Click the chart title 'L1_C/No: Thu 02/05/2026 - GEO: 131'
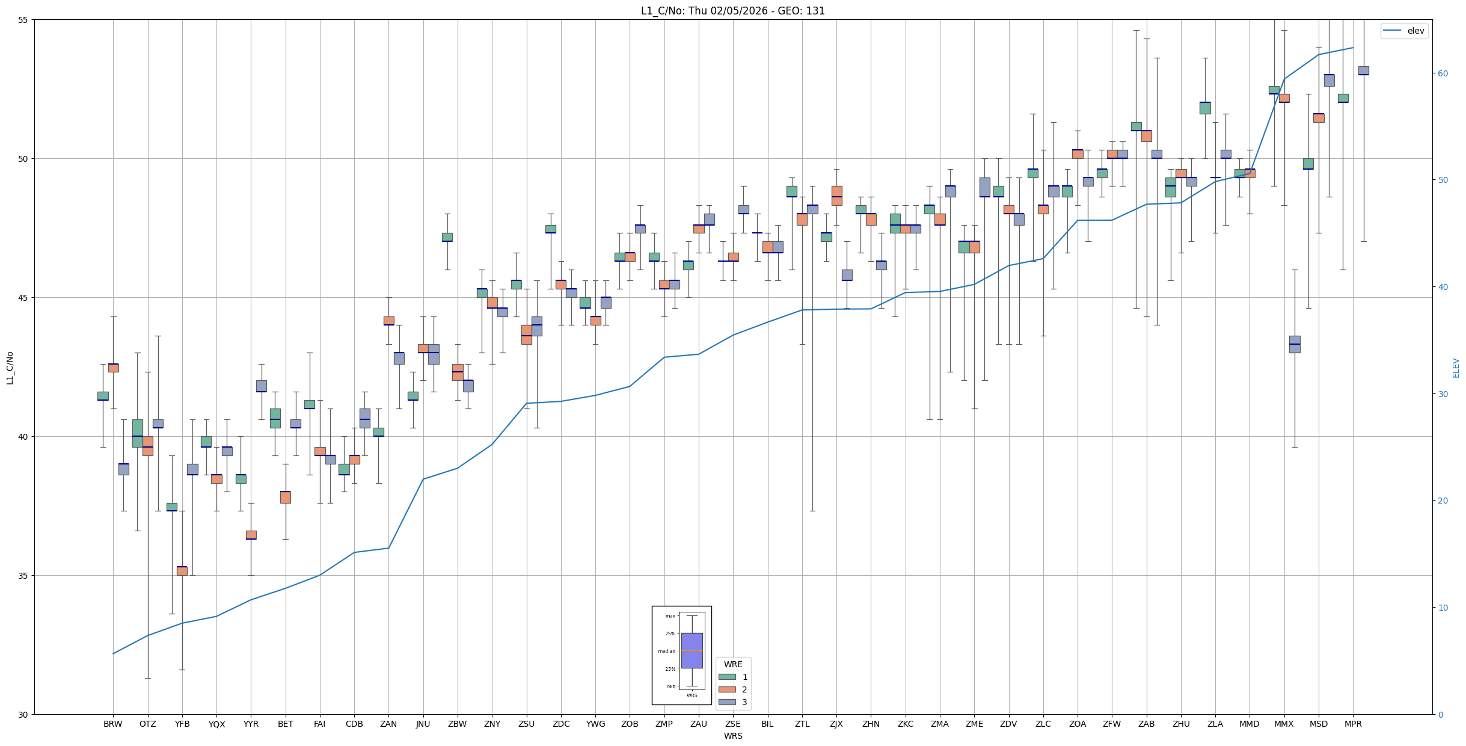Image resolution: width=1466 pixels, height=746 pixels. pyautogui.click(x=732, y=11)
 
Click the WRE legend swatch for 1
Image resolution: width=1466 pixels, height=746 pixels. pyautogui.click(x=727, y=677)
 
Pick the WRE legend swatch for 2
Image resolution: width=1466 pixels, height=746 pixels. pyautogui.click(x=727, y=689)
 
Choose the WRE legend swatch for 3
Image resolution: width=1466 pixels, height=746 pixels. pyautogui.click(x=727, y=702)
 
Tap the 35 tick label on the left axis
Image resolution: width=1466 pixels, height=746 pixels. pyautogui.click(x=24, y=576)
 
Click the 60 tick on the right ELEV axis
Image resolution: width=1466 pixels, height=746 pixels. pyautogui.click(x=1443, y=73)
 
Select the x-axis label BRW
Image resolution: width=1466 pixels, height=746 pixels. pyautogui.click(x=113, y=724)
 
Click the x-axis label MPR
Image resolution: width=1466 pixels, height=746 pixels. pyautogui.click(x=1353, y=724)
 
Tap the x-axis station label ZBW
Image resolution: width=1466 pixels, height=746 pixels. pyautogui.click(x=458, y=724)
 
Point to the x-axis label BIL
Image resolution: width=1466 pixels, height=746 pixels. pyautogui.click(x=767, y=724)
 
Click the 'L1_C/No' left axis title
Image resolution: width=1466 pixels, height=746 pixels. pyautogui.click(x=10, y=368)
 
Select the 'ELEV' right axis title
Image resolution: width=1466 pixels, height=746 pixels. pyautogui.click(x=1456, y=368)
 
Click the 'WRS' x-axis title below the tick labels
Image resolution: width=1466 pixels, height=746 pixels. pyautogui.click(x=733, y=736)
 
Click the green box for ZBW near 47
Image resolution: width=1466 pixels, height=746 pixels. pyautogui.click(x=447, y=237)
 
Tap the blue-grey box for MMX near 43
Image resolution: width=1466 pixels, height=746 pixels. pyautogui.click(x=1295, y=344)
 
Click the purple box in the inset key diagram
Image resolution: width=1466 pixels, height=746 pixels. pyautogui.click(x=692, y=650)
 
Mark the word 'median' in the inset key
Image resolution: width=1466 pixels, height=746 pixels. pyautogui.click(x=666, y=651)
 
